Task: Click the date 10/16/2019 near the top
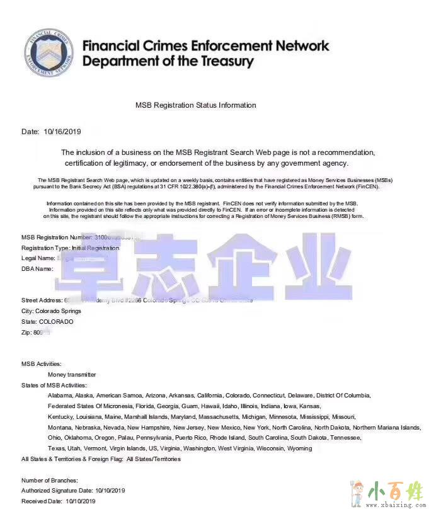tap(62, 132)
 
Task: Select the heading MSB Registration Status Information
tap(196, 105)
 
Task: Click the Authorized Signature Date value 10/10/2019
tap(110, 491)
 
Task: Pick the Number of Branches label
tap(50, 481)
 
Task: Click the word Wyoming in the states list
tap(299, 448)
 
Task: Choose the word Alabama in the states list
tap(60, 396)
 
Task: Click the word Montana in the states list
tap(60, 427)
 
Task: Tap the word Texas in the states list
tap(56, 448)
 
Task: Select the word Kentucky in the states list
tap(61, 416)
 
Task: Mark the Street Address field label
tap(42, 300)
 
